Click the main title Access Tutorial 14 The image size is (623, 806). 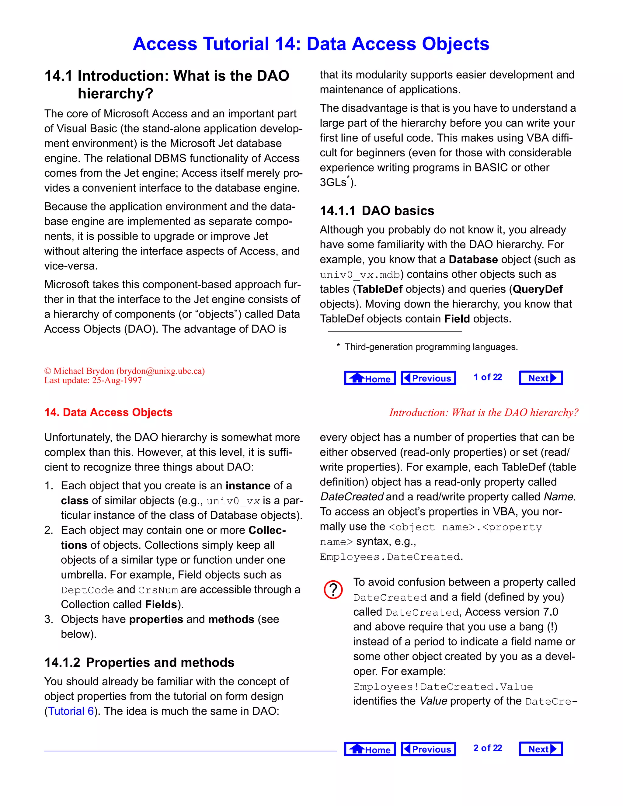tap(311, 44)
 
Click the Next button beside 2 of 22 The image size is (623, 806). tap(541, 749)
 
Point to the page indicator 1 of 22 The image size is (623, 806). tap(488, 377)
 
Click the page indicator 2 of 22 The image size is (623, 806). tap(488, 748)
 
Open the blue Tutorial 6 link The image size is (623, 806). tap(71, 711)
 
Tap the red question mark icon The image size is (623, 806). tap(333, 590)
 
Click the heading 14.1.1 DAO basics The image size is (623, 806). tap(377, 211)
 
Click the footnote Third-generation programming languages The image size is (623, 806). tap(431, 347)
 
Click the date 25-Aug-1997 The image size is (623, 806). tap(117, 380)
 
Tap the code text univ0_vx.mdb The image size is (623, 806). tap(360, 275)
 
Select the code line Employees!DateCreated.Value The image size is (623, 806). tap(443, 687)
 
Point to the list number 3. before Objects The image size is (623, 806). tap(49, 619)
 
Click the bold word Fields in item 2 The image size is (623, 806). tap(161, 605)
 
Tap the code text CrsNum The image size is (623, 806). tap(158, 590)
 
